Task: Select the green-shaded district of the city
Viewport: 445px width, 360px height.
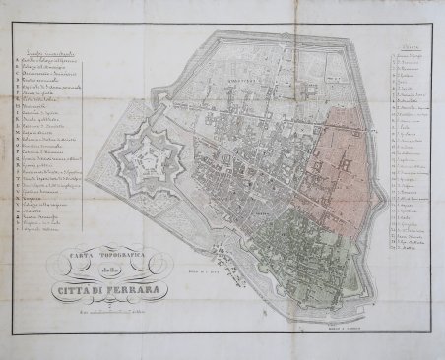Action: click(295, 246)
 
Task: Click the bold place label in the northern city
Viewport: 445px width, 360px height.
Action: click(242, 74)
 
